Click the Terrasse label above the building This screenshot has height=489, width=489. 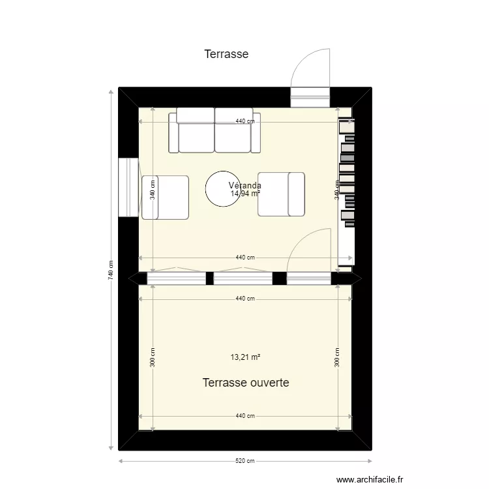(226, 54)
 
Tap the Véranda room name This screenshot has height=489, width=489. (245, 186)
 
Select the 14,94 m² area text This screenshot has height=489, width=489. (245, 194)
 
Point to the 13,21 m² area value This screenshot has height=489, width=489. (245, 357)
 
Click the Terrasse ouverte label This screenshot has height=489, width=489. (245, 383)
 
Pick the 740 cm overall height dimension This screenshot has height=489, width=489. (110, 270)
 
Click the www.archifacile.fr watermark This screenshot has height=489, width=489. (371, 478)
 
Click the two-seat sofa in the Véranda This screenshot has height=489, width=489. (215, 131)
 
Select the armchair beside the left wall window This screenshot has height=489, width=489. (165, 197)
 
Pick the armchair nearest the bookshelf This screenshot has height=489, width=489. (282, 194)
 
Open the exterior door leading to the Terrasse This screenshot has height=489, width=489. (310, 96)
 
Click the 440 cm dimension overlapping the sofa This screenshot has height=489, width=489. (244, 121)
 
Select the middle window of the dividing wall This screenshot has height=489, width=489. (243, 278)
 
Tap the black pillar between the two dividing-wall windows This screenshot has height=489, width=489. (210, 278)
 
